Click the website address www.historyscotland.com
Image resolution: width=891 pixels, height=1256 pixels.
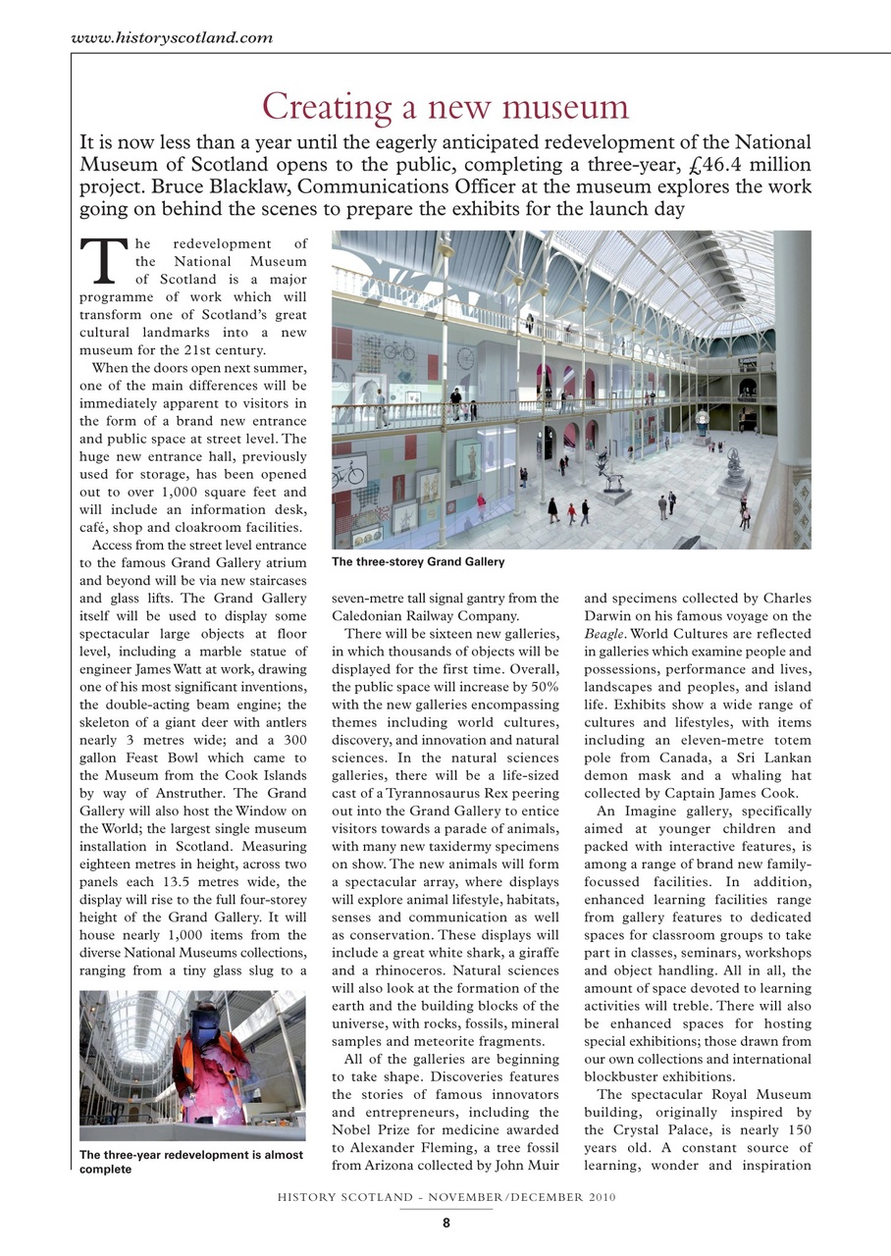173,38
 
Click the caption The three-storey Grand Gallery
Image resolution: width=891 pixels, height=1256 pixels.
417,562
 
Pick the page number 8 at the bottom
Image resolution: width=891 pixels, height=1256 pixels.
445,1223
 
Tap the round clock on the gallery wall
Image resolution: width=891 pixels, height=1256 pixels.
464,357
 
